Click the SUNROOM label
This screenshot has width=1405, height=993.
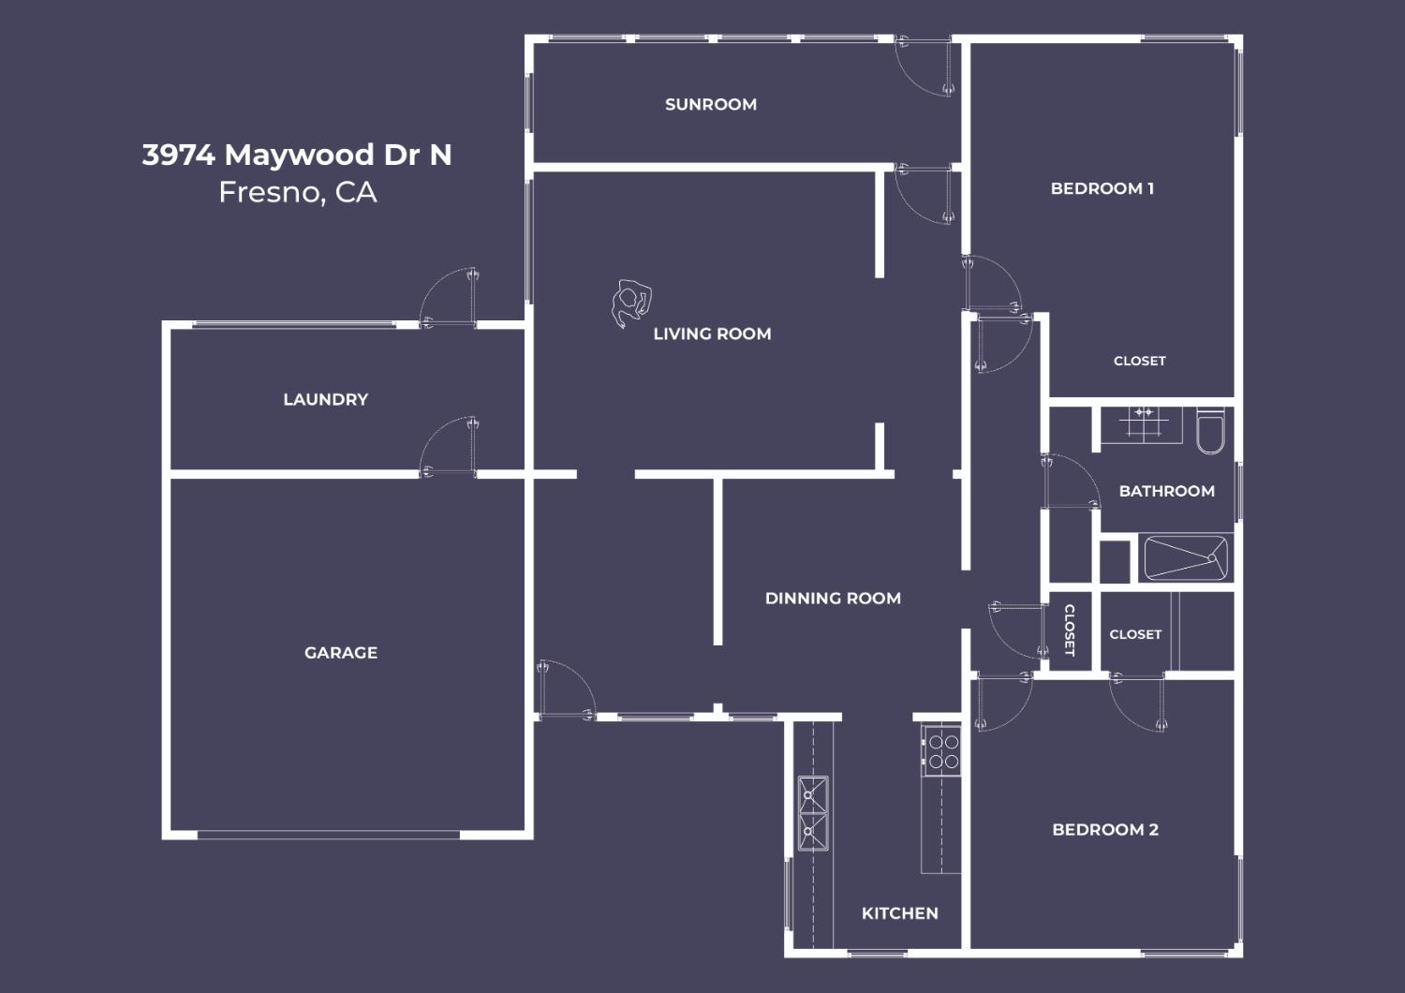tap(711, 104)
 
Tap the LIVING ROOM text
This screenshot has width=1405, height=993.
tap(712, 333)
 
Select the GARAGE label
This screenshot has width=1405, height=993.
tap(341, 652)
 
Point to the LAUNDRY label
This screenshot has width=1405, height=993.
tap(326, 399)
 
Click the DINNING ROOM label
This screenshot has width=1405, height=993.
tap(833, 598)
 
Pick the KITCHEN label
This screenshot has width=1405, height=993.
tap(899, 912)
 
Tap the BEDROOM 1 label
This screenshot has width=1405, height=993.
tap(1102, 188)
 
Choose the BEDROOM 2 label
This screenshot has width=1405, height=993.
tap(1105, 829)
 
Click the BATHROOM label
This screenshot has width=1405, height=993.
tap(1167, 491)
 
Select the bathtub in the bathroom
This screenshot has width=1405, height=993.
tap(1186, 557)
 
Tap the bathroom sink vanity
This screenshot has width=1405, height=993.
tap(1142, 424)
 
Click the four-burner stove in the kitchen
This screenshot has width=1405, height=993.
tap(941, 751)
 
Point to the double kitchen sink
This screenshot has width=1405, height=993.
tap(813, 813)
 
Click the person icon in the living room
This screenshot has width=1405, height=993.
tap(631, 303)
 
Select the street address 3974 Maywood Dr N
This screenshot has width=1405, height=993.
tap(297, 155)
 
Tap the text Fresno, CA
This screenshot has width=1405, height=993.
tap(298, 192)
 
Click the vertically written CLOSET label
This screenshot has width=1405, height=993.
tap(1070, 630)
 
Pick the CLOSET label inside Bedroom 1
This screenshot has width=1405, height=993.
tap(1140, 361)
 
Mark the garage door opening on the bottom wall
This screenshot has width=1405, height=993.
tap(329, 835)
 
